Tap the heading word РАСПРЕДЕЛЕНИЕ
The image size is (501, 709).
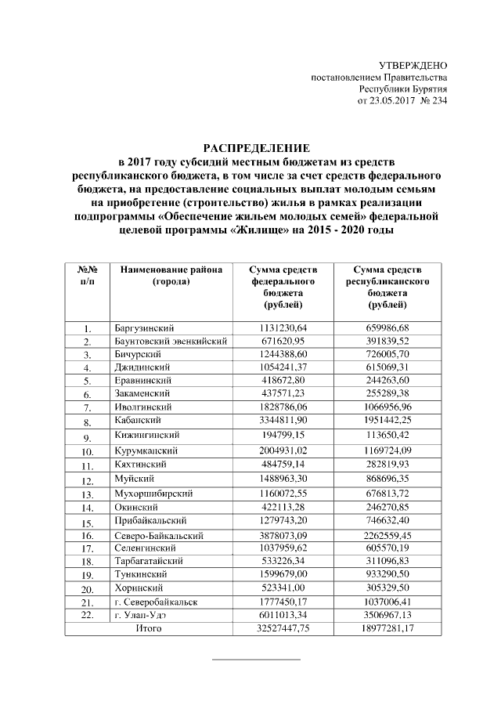pos(257,148)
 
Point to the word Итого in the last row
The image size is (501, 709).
pos(149,628)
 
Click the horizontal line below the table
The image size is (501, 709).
pos(257,660)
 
